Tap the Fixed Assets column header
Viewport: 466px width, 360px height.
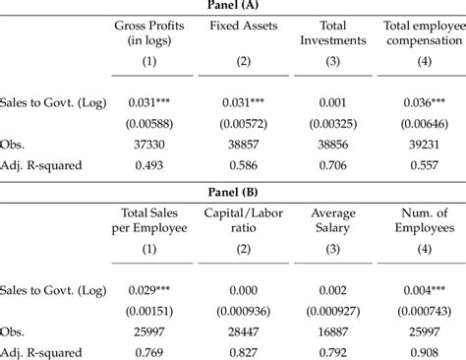tap(240, 25)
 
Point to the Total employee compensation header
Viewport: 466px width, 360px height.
tap(423, 32)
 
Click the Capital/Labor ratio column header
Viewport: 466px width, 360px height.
tap(240, 219)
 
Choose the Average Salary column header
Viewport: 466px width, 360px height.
tap(332, 219)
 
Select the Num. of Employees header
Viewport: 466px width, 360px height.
tap(424, 219)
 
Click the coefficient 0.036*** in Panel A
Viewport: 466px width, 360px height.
tap(424, 101)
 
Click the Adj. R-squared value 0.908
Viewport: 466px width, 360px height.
tap(424, 350)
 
